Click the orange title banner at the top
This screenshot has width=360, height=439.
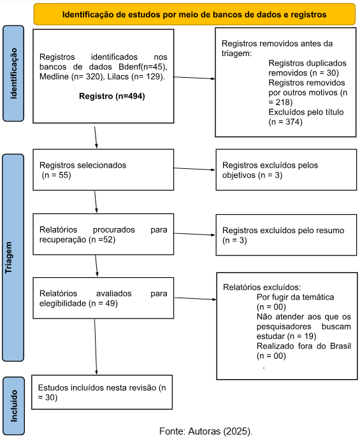pyautogui.click(x=194, y=14)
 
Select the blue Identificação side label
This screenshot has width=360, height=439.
pyautogui.click(x=13, y=73)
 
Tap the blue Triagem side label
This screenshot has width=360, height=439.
pyautogui.click(x=13, y=257)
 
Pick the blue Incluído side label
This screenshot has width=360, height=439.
pyautogui.click(x=14, y=406)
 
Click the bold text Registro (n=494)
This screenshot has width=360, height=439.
pyautogui.click(x=112, y=96)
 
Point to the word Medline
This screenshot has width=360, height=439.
pyautogui.click(x=54, y=76)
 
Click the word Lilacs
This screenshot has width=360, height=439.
pyautogui.click(x=118, y=76)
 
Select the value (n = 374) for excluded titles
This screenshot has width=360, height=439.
pyautogui.click(x=285, y=122)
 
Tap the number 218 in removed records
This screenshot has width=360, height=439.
pyautogui.click(x=284, y=102)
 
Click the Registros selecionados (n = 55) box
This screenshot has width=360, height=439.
pyautogui.click(x=103, y=169)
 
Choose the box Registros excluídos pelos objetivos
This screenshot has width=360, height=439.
pyautogui.click(x=286, y=169)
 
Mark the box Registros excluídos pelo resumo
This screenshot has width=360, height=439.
pyautogui.click(x=286, y=235)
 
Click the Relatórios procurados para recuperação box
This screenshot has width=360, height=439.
pyautogui.click(x=103, y=234)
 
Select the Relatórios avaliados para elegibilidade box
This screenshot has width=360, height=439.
pyautogui.click(x=103, y=298)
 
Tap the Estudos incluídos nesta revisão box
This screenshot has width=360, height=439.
pyautogui.click(x=102, y=392)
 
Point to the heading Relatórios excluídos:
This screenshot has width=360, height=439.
pyautogui.click(x=262, y=287)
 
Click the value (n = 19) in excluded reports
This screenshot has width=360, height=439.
pyautogui.click(x=302, y=336)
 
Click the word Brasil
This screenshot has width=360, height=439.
pyautogui.click(x=340, y=346)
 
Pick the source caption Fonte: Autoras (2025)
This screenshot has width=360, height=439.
pyautogui.click(x=206, y=431)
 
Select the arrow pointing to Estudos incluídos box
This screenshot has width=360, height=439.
pyautogui.click(x=96, y=347)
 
